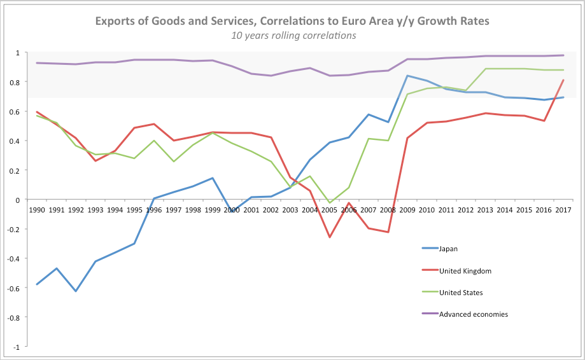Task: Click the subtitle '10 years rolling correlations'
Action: [x=293, y=35]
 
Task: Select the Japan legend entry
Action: [x=449, y=249]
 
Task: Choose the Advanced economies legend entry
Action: [x=473, y=314]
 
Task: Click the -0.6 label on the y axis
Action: [x=15, y=288]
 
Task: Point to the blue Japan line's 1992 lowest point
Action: [x=76, y=291]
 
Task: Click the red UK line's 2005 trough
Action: [x=330, y=238]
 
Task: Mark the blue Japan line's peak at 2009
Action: [x=407, y=76]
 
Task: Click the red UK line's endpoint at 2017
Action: [x=563, y=80]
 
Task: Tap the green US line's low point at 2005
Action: [x=330, y=203]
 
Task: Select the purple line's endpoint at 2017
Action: [x=563, y=55]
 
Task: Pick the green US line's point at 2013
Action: [x=485, y=69]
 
